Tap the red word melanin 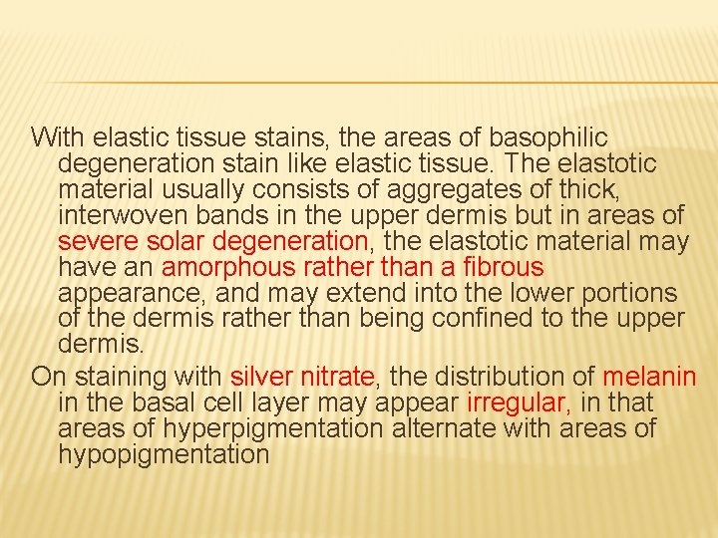(x=648, y=377)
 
